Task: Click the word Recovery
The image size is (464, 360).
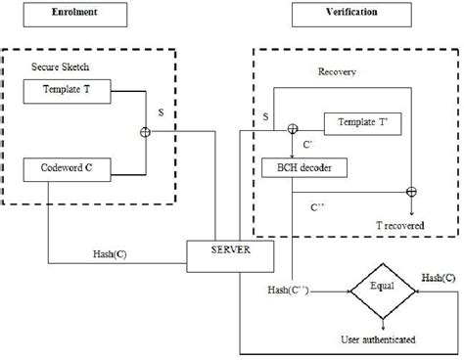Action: tap(338, 71)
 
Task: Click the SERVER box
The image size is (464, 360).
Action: tap(220, 252)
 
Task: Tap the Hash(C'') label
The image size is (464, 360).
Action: tap(289, 290)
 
